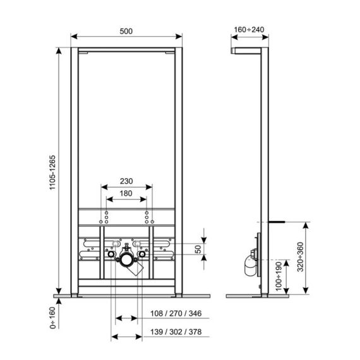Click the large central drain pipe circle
point(126,258)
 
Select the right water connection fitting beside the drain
point(143,256)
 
